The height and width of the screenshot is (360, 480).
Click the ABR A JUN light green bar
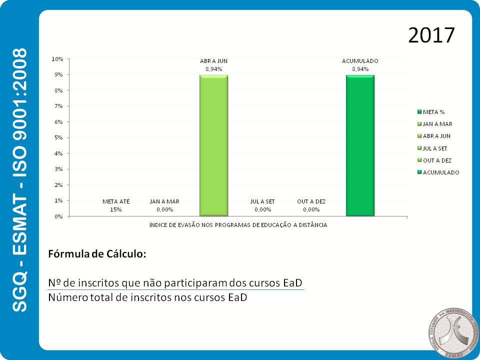(x=213, y=145)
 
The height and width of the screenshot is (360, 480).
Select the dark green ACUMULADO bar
(x=360, y=145)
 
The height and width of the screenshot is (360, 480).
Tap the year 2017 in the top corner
(x=431, y=35)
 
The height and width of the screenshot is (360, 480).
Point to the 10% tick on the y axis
(x=57, y=59)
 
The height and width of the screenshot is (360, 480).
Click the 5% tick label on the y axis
(x=58, y=137)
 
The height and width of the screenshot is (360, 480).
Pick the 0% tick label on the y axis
(x=58, y=216)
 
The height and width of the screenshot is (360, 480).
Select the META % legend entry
(x=433, y=111)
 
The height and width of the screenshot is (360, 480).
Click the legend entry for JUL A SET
(x=435, y=148)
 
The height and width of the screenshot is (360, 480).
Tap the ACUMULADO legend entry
(x=440, y=172)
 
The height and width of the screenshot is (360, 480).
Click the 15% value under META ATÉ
(x=116, y=209)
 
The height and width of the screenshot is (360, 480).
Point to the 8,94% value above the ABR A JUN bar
(x=213, y=69)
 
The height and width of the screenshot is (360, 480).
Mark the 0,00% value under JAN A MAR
(x=164, y=209)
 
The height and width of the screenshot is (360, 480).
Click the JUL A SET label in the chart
(x=262, y=201)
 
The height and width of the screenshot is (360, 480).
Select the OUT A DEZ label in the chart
(x=311, y=201)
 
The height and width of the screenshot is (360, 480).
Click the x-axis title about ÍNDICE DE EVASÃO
(x=238, y=225)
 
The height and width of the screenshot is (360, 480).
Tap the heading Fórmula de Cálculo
(x=97, y=254)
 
